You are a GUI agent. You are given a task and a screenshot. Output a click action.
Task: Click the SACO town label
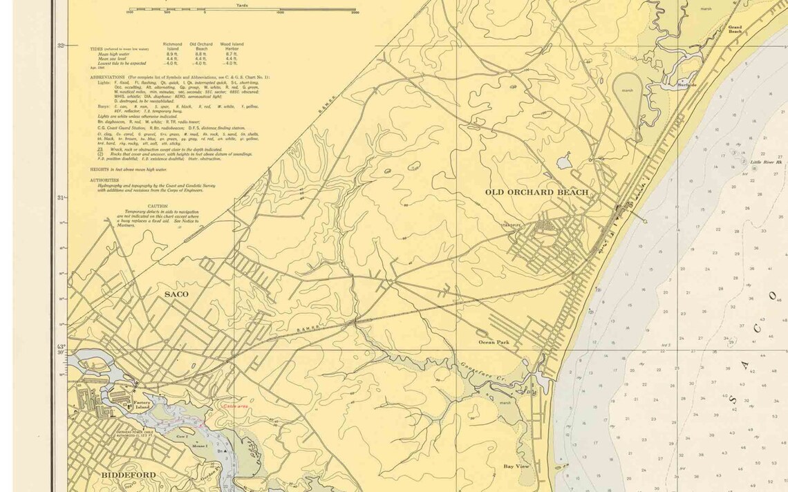coord(176,294)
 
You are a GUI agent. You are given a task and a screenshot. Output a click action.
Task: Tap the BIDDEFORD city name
coord(129,475)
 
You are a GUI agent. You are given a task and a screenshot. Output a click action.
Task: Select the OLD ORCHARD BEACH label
coord(536,192)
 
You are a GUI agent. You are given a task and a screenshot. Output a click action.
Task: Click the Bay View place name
coord(516,466)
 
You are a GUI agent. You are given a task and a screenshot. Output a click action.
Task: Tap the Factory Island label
coord(142,405)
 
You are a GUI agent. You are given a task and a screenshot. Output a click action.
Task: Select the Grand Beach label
coord(734,30)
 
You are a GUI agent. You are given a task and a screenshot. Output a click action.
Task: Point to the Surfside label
coord(687,85)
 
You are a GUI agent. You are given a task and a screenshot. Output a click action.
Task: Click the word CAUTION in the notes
coord(158,206)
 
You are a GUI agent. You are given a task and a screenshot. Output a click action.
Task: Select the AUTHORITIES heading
coord(104,180)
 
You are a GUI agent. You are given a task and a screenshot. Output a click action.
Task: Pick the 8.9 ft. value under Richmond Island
coord(173,54)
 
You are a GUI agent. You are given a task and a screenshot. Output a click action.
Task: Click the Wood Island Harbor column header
coord(232,46)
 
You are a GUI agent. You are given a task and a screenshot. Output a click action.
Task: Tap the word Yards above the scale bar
coord(242,5)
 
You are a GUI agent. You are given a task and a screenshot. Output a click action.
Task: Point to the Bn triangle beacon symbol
coord(223,451)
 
